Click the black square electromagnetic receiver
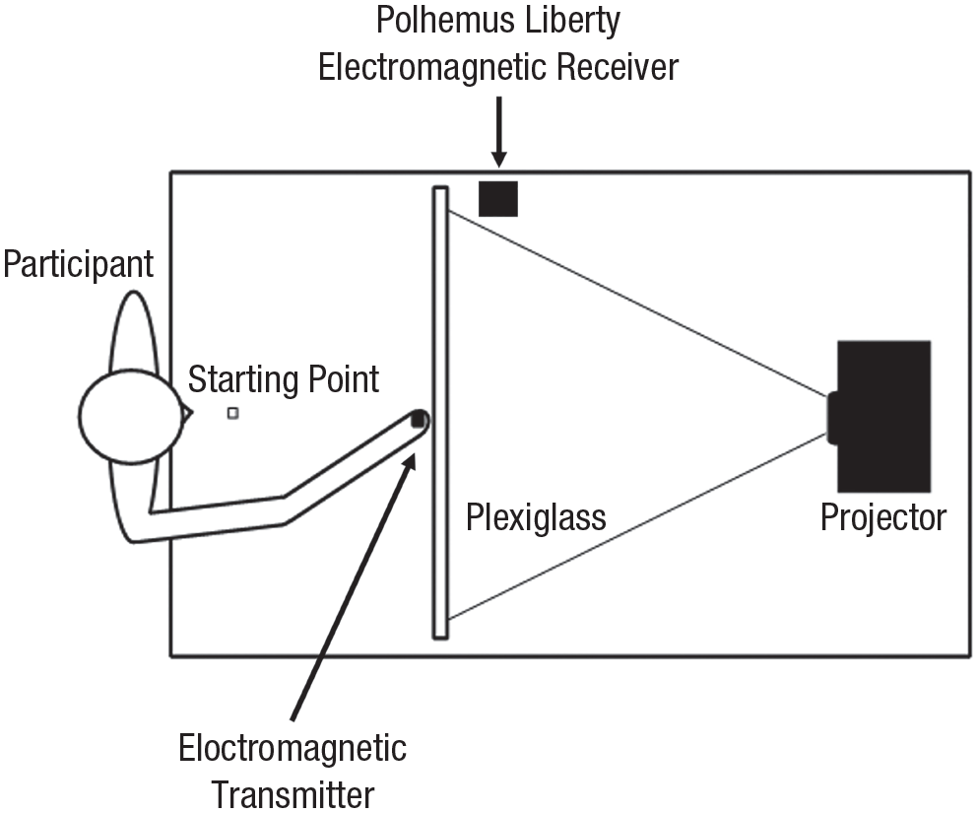497,199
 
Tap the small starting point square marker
232,413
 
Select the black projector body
883,416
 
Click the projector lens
832,418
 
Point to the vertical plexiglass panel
440,413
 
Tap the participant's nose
186,413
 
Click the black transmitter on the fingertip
418,419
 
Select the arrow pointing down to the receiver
498,132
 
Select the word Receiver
618,67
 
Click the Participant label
78,265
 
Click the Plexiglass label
536,518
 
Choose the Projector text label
883,518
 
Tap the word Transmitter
293,794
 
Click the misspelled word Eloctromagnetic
293,748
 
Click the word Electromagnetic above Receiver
433,67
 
